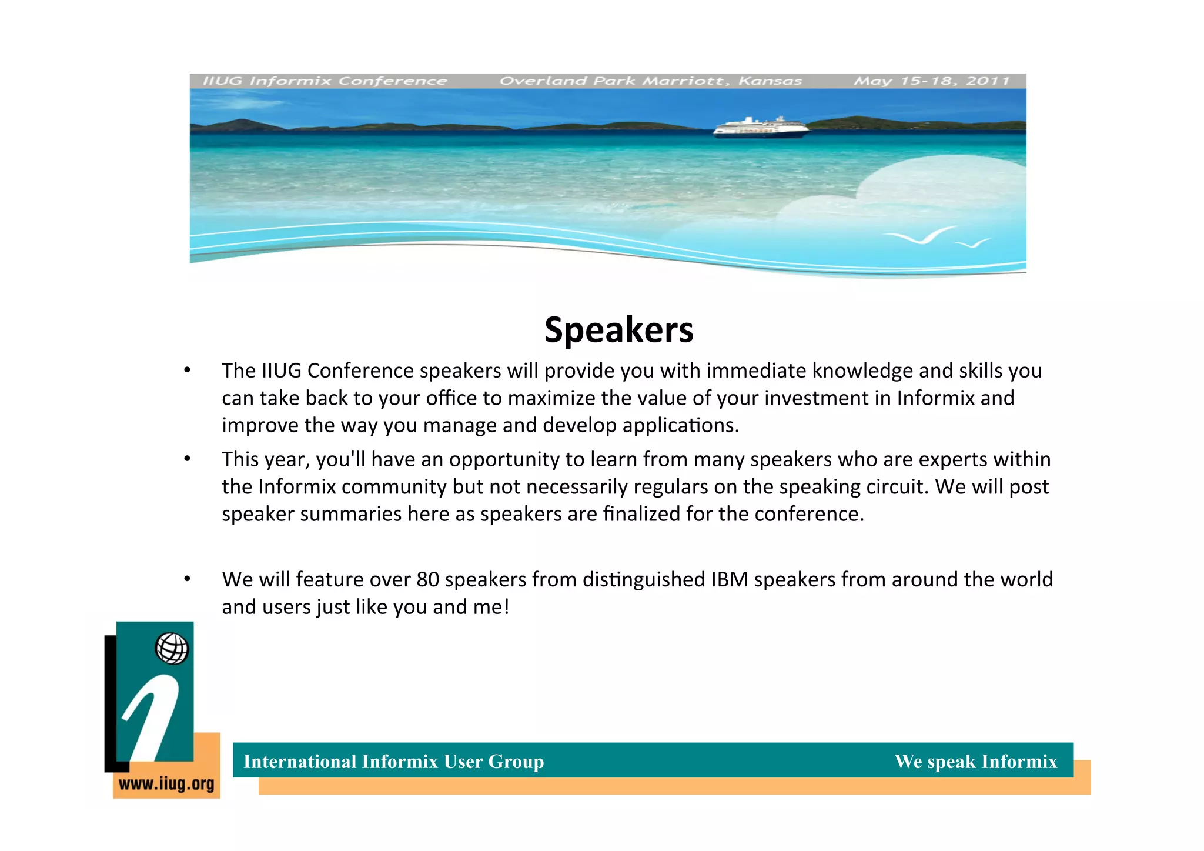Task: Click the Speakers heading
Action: [618, 330]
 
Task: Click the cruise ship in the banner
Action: [760, 128]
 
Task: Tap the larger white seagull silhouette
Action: [920, 236]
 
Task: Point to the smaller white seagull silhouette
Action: [973, 243]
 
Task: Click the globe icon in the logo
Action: [172, 649]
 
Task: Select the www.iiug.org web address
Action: [166, 784]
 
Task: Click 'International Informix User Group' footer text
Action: [393, 762]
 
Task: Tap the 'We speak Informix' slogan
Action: [975, 762]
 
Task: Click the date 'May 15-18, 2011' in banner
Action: [932, 81]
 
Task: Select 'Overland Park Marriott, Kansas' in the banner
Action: [650, 81]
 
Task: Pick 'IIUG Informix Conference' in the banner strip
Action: [325, 81]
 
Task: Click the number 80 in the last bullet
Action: [428, 580]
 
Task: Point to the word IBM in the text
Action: [729, 580]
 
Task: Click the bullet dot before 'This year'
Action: [187, 459]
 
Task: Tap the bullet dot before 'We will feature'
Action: [187, 579]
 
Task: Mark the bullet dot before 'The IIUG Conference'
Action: [187, 371]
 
